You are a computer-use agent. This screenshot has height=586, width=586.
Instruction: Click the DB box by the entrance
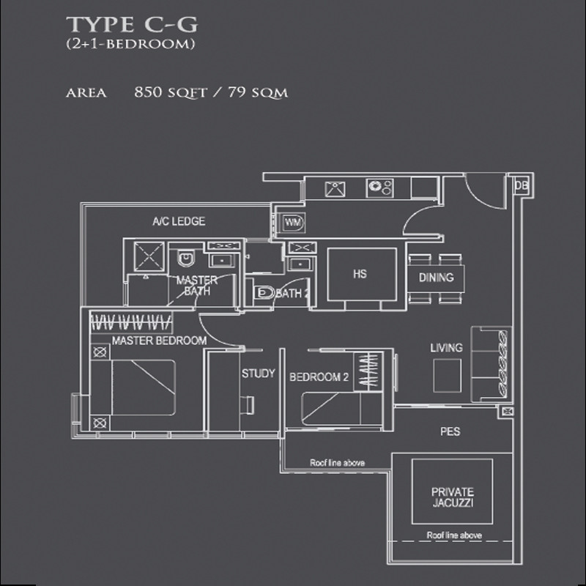[522, 186]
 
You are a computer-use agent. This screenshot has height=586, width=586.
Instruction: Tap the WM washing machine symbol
[292, 223]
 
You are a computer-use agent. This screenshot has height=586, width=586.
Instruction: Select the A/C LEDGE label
[179, 221]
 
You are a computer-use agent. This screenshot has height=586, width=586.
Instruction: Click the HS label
[360, 274]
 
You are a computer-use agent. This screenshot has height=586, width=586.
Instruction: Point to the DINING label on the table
[436, 278]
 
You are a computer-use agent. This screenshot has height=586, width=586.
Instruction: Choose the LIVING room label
[446, 348]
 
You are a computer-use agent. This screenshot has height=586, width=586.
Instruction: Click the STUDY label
[259, 374]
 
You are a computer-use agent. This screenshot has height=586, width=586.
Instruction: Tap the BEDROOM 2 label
[319, 377]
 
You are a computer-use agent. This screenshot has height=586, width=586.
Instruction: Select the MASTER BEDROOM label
[159, 341]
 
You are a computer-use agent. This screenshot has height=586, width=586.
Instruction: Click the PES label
[450, 431]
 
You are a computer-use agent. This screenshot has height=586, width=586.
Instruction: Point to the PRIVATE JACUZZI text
[453, 497]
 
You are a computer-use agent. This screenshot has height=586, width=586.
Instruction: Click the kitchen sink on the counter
[335, 189]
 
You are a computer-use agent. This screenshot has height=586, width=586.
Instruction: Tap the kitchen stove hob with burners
[379, 188]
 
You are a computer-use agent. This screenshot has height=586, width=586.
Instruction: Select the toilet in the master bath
[186, 258]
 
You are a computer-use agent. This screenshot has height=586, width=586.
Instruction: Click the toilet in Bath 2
[264, 292]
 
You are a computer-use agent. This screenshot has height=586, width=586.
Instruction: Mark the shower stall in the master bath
[149, 256]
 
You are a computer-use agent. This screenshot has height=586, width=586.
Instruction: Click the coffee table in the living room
[447, 375]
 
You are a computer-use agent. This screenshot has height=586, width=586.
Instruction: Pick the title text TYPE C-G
[132, 25]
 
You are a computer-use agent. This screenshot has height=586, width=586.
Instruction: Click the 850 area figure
[148, 92]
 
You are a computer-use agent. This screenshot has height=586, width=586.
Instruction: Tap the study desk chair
[248, 405]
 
